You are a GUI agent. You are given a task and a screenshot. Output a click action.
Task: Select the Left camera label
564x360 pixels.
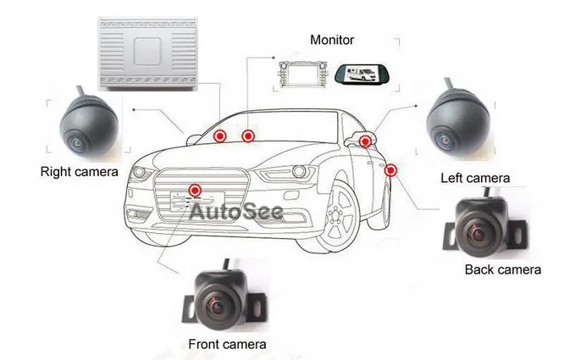(x=475, y=178)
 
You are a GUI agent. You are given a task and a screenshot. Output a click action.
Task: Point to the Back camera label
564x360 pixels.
(x=502, y=269)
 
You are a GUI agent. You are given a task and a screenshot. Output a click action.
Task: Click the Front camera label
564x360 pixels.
(x=227, y=344)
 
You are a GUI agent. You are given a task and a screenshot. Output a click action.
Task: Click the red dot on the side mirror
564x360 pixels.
(x=364, y=141)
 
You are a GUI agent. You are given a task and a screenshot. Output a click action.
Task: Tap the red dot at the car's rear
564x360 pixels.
(x=390, y=170)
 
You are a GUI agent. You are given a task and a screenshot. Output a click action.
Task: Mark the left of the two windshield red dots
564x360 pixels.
(x=219, y=136)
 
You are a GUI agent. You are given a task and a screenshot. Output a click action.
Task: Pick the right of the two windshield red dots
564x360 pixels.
(x=248, y=136)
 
